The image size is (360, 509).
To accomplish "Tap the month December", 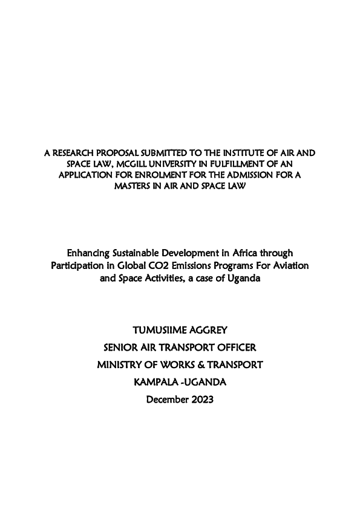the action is (x=165, y=400).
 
